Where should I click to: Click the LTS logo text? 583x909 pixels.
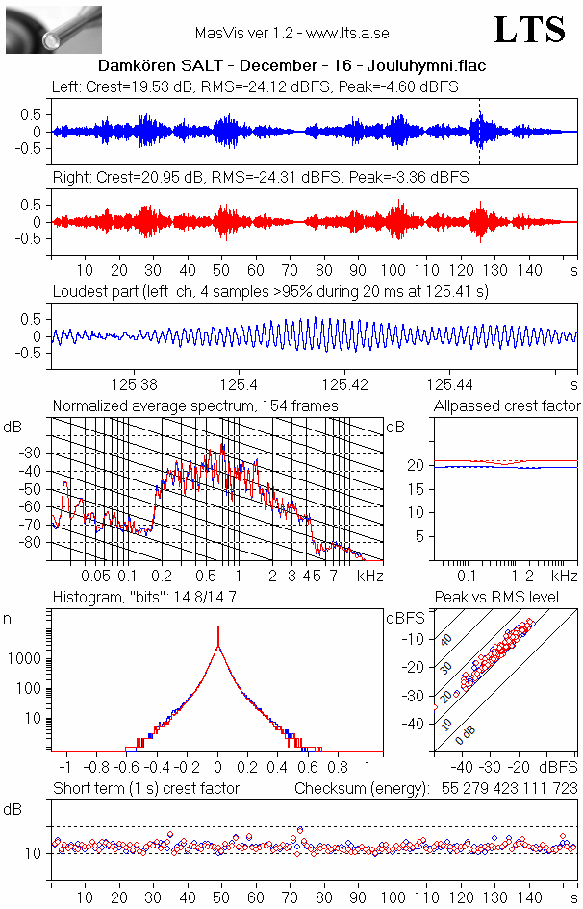[529, 30]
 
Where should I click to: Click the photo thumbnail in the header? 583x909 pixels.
[53, 29]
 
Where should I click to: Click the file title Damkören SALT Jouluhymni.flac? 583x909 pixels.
[291, 66]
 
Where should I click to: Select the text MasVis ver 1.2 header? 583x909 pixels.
[291, 34]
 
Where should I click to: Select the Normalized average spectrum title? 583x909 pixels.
[195, 405]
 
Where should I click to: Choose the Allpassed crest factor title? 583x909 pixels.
[507, 405]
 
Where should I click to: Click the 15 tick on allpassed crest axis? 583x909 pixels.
[418, 488]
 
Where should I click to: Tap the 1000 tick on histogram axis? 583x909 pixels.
[26, 659]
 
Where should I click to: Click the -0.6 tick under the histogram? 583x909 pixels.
[125, 768]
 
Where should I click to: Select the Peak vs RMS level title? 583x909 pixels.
[510, 598]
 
